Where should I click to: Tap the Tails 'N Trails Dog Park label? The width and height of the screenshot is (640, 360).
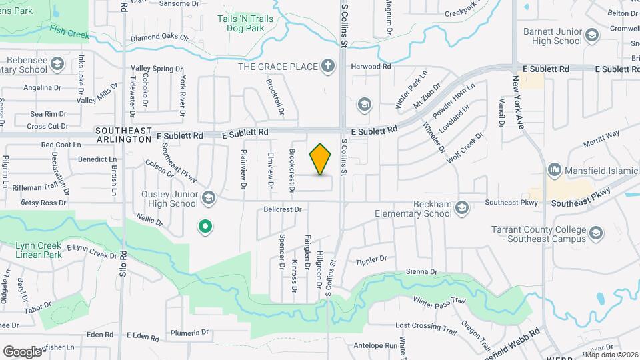[245, 24]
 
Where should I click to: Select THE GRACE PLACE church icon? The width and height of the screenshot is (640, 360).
[327, 66]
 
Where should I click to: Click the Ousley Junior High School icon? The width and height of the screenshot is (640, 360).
[209, 197]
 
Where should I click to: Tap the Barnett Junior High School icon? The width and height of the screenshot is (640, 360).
[591, 35]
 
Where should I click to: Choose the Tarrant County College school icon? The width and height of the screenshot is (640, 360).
[595, 233]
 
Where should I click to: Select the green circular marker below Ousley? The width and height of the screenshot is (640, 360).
[206, 227]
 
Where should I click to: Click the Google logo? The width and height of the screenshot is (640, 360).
[23, 351]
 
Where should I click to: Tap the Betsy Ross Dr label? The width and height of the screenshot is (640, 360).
[44, 202]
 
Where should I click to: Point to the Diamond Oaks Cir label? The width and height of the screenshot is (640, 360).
[160, 39]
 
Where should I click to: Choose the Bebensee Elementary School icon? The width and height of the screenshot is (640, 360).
[57, 64]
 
